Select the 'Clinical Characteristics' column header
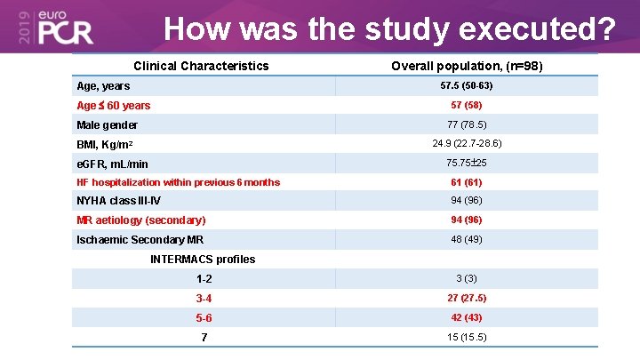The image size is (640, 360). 201,66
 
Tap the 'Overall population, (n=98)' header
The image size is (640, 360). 467,66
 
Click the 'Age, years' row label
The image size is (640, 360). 103,86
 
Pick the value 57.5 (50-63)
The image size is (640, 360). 467,86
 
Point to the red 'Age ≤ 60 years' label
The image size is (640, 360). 114,106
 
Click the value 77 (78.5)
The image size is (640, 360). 467,124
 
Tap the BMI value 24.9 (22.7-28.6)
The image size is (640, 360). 467,143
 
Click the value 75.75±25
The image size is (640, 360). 467,163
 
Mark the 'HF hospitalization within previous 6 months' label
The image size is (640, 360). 179,182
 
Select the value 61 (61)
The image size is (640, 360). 467,182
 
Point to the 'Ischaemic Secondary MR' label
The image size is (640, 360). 140,240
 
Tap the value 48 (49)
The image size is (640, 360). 467,239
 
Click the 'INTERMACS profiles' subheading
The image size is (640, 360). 203,260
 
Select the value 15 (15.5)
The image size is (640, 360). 467,337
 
